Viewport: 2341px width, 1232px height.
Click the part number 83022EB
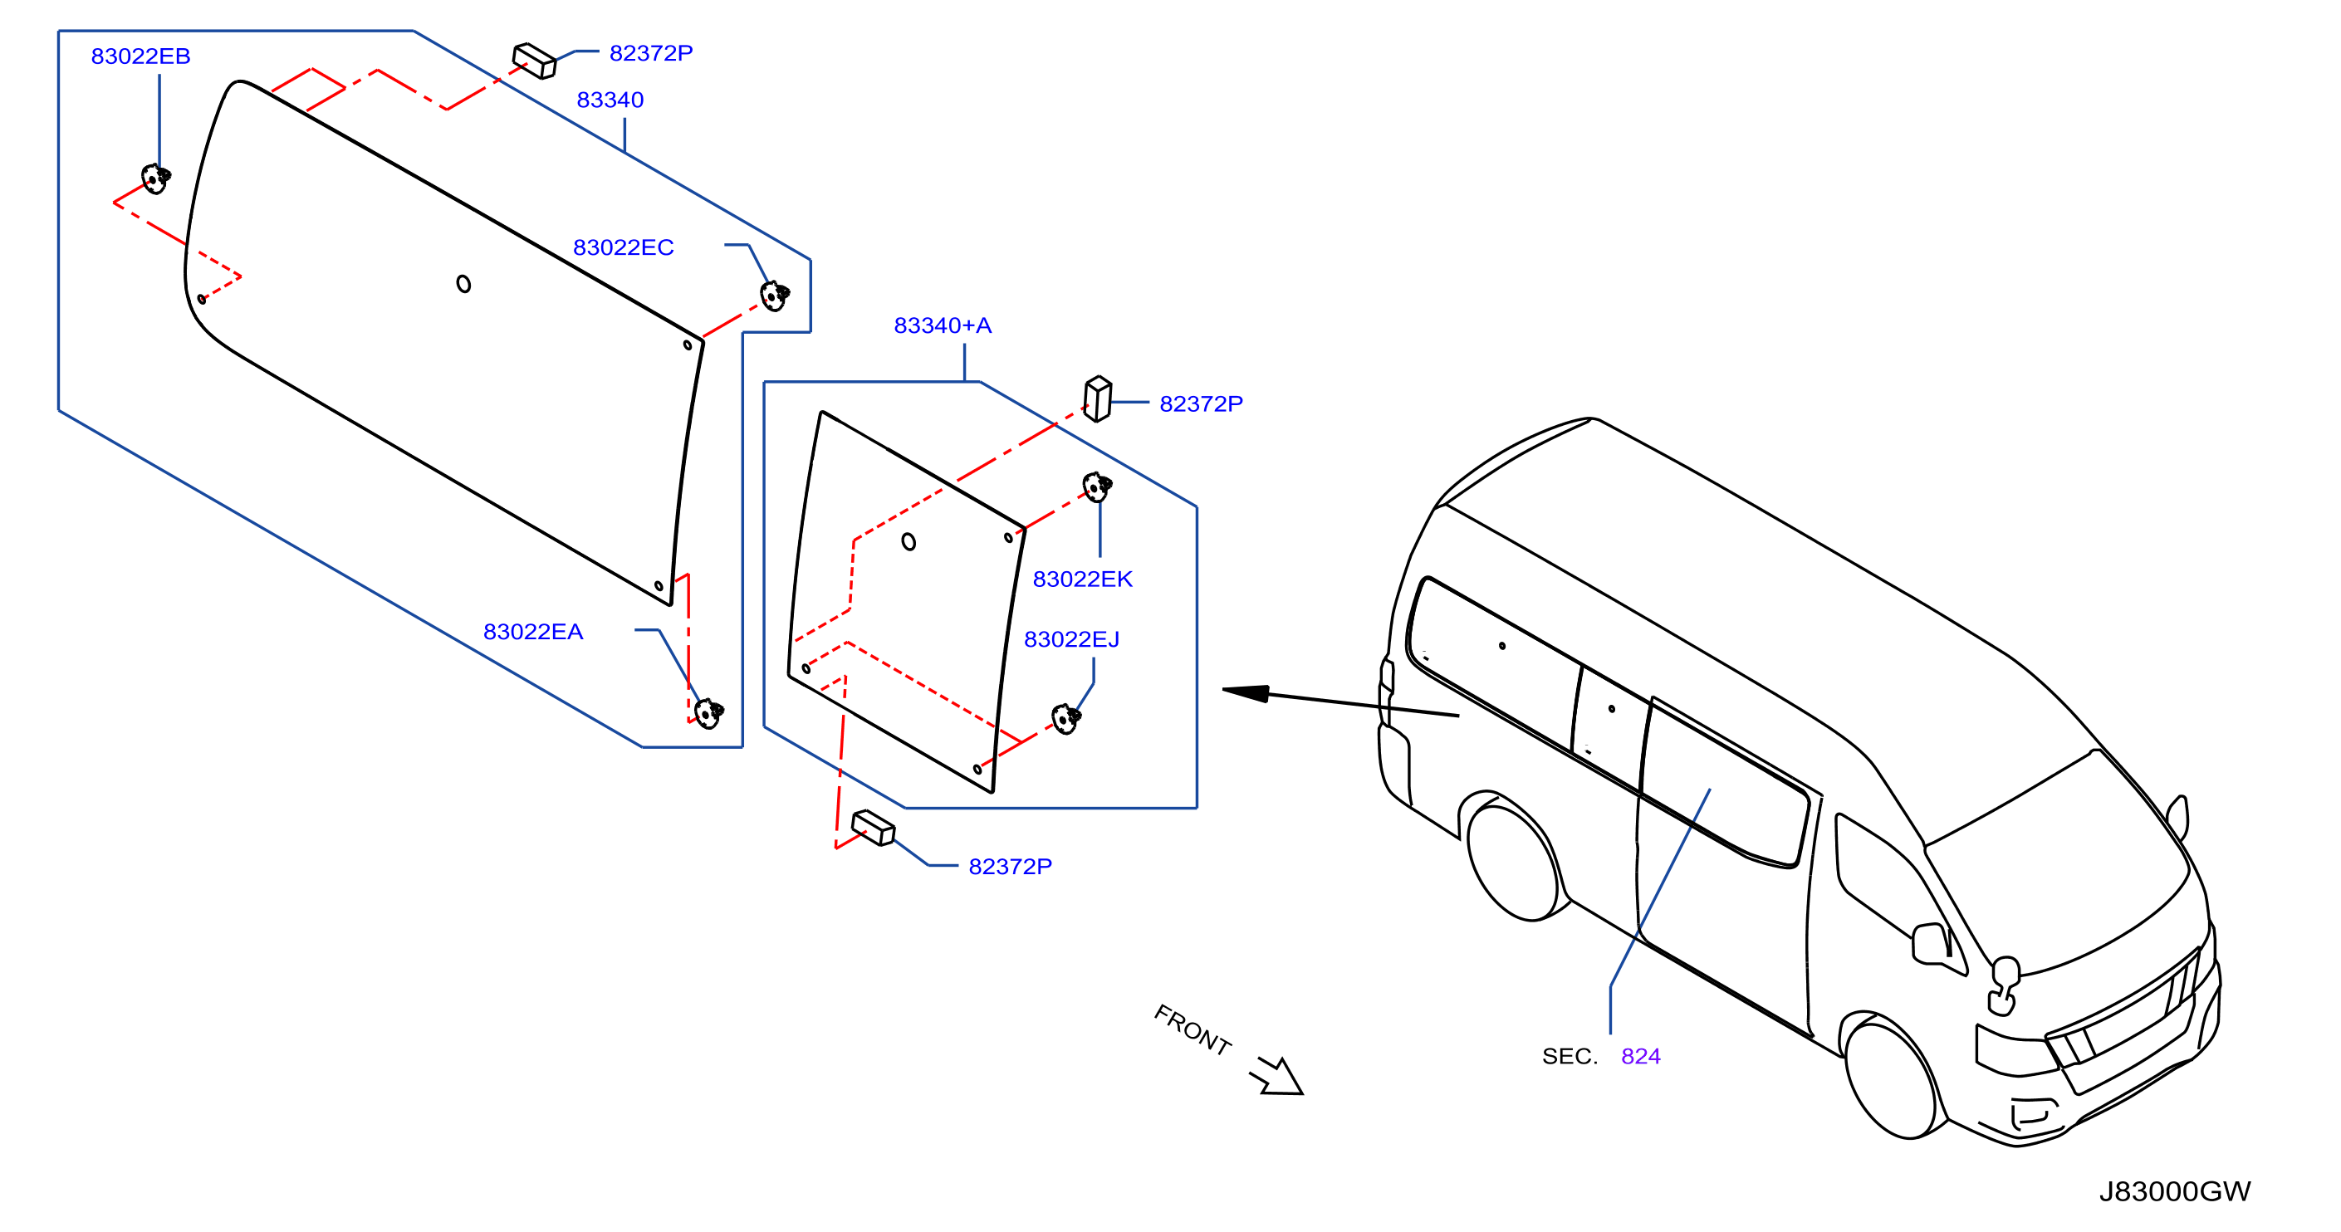tap(141, 56)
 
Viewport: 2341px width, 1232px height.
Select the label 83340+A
tap(943, 325)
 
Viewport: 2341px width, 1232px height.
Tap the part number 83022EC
tap(624, 247)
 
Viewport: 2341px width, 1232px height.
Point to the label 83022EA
tap(533, 632)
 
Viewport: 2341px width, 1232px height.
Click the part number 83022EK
tap(1082, 579)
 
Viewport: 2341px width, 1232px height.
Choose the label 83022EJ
tap(1071, 638)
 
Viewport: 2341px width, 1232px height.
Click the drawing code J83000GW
tap(2175, 1191)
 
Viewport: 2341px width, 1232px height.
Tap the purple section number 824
tap(1640, 1056)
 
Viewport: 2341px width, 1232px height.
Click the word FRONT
tap(1193, 1029)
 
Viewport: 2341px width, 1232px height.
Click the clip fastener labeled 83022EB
tap(155, 178)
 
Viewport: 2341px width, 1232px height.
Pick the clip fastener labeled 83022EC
tap(774, 296)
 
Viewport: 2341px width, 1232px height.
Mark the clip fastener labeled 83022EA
tap(709, 713)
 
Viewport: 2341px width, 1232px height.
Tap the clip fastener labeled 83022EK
tap(1097, 487)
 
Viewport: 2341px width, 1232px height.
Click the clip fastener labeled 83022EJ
tap(1066, 719)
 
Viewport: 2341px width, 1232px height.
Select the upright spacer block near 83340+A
tap(1098, 398)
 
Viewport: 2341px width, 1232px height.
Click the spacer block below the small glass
tap(874, 828)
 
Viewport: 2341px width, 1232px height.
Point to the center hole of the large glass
tap(463, 285)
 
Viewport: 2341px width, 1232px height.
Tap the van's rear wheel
tap(1514, 863)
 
